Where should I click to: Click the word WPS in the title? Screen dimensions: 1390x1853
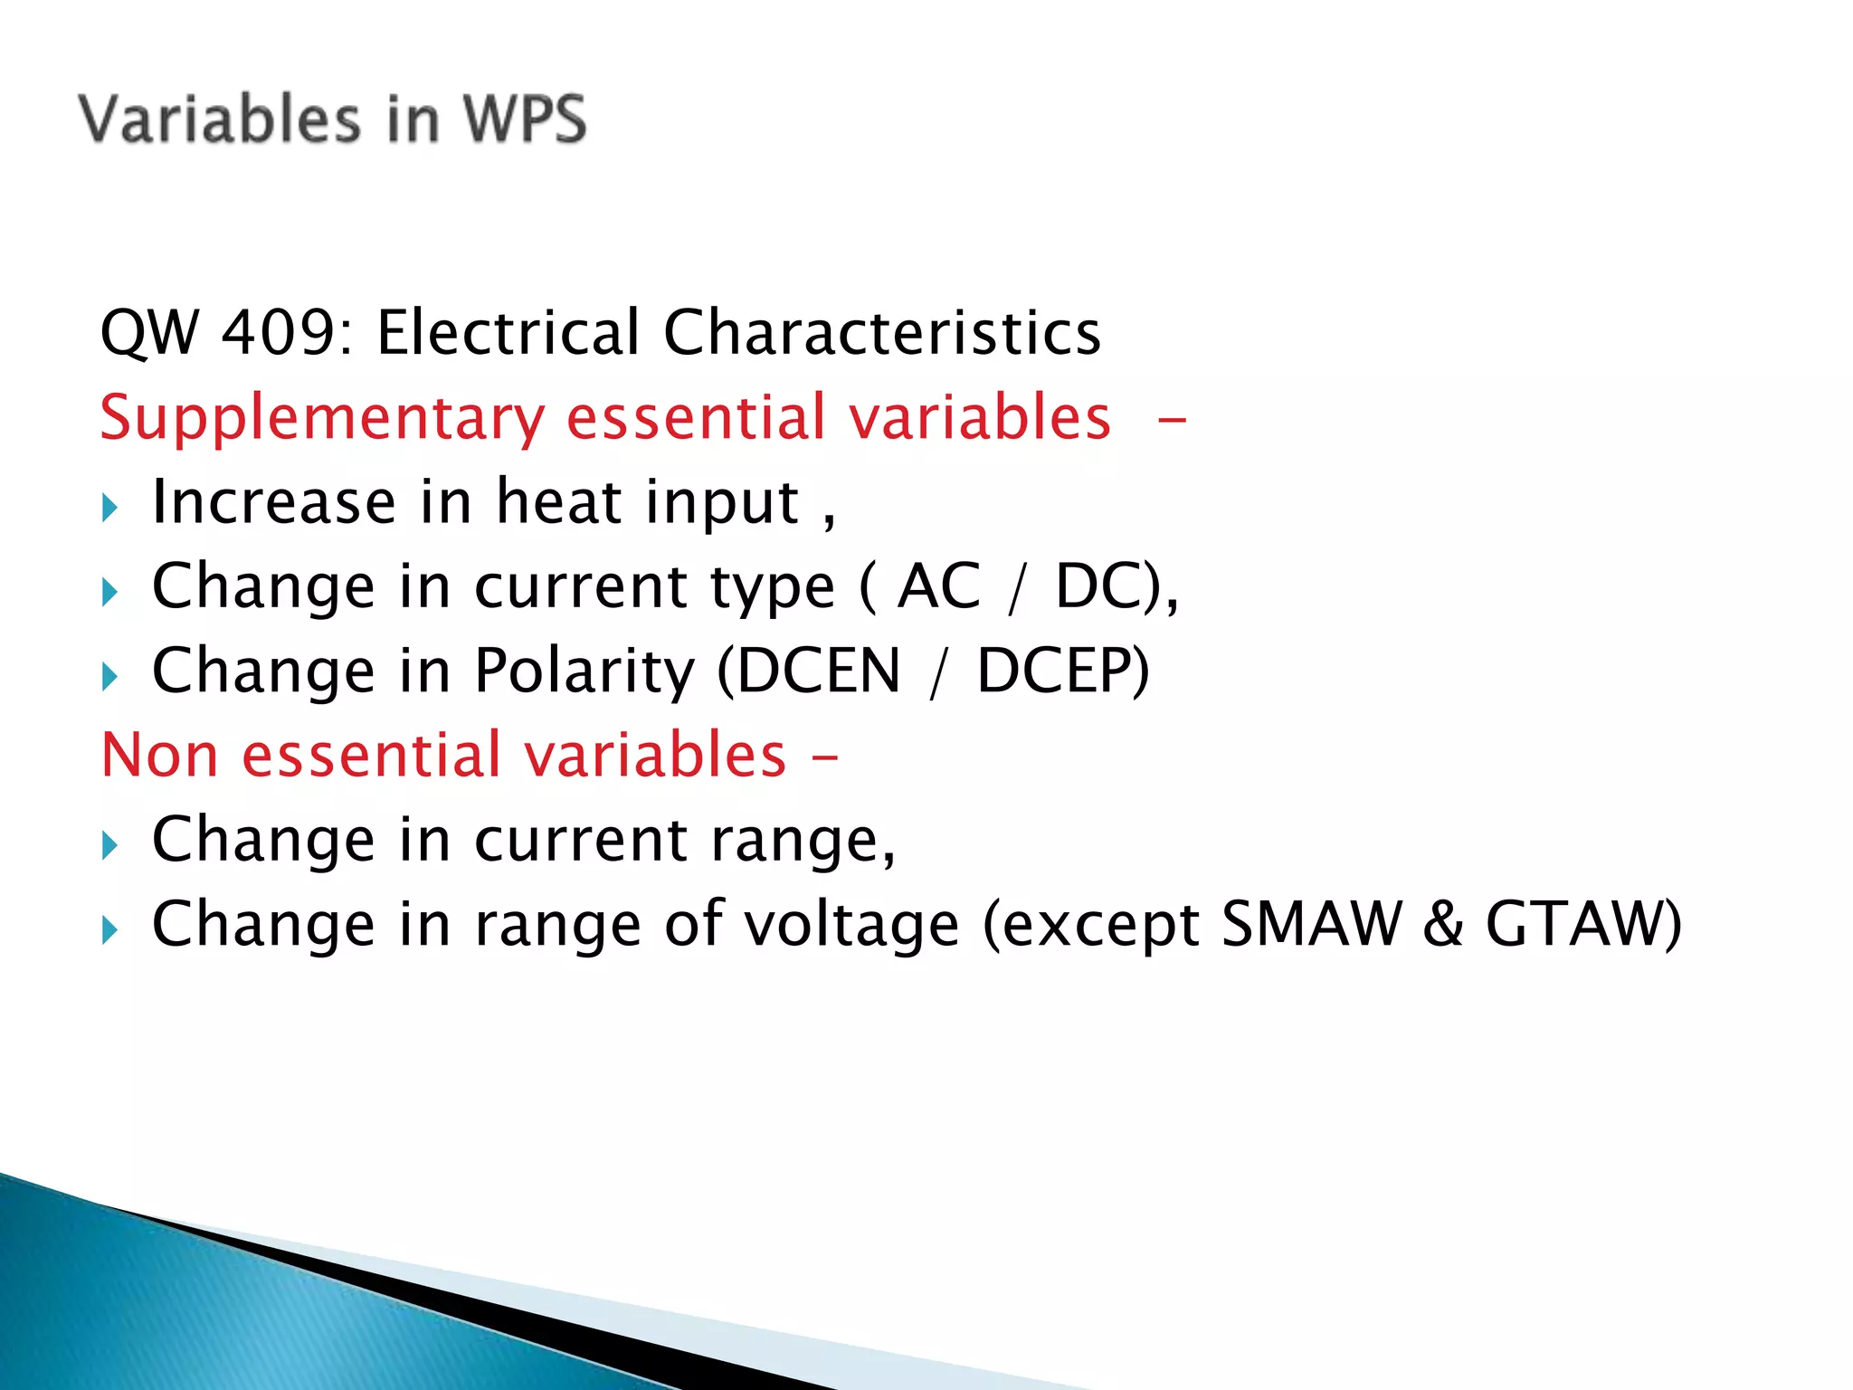(x=525, y=119)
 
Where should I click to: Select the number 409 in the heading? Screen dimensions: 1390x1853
(x=279, y=332)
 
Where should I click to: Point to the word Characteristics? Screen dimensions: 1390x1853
(x=882, y=332)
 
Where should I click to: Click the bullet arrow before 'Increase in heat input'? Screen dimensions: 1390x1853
(x=110, y=507)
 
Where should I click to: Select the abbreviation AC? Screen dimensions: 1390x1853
(x=938, y=586)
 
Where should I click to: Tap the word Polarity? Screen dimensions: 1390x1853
(x=584, y=671)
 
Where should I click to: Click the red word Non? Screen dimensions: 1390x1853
(x=159, y=755)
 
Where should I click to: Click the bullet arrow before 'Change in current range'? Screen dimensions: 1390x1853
(x=110, y=846)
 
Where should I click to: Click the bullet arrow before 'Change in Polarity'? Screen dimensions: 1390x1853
(x=110, y=676)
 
